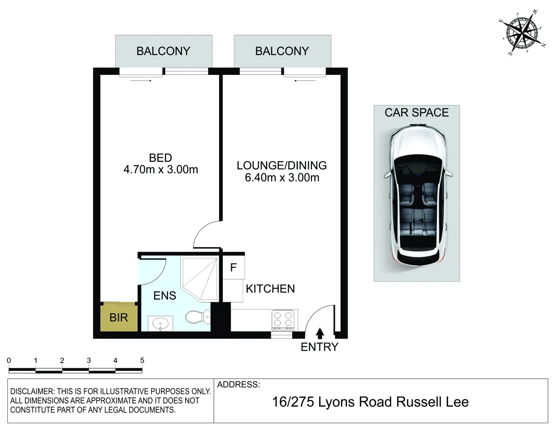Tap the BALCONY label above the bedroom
pos(163,51)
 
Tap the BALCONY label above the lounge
pos(282,51)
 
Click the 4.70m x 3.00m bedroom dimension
pos(161,170)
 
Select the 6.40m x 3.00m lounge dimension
pos(282,178)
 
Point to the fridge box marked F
pos(233,268)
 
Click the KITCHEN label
pos(270,289)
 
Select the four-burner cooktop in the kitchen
pos(283,320)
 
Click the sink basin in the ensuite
pos(161,323)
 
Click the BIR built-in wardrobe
pos(119,318)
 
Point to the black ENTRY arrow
pos(320,333)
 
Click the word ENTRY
pos(320,347)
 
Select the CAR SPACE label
pos(417,113)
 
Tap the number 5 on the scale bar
pos(142,361)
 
